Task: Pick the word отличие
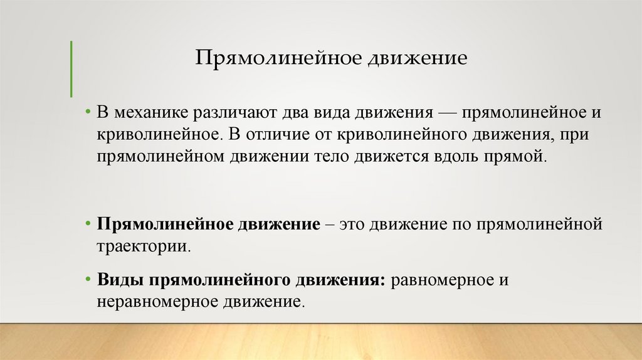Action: point(285,135)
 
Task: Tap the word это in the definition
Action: point(353,225)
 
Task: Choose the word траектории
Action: point(144,245)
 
